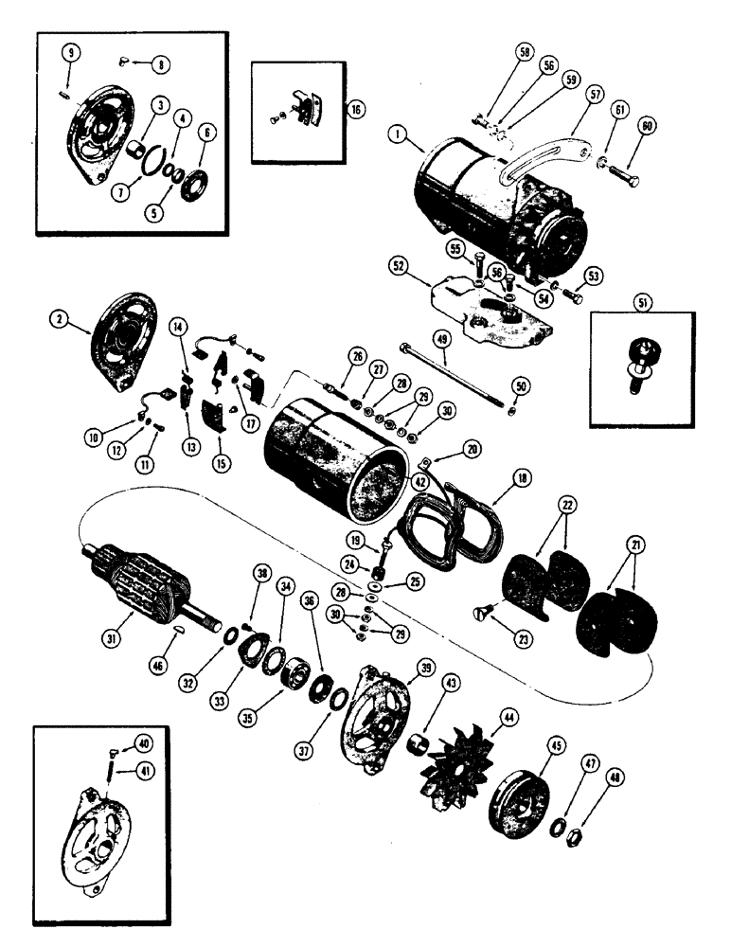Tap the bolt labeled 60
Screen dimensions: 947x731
620,178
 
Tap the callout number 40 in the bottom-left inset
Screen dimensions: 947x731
142,742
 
